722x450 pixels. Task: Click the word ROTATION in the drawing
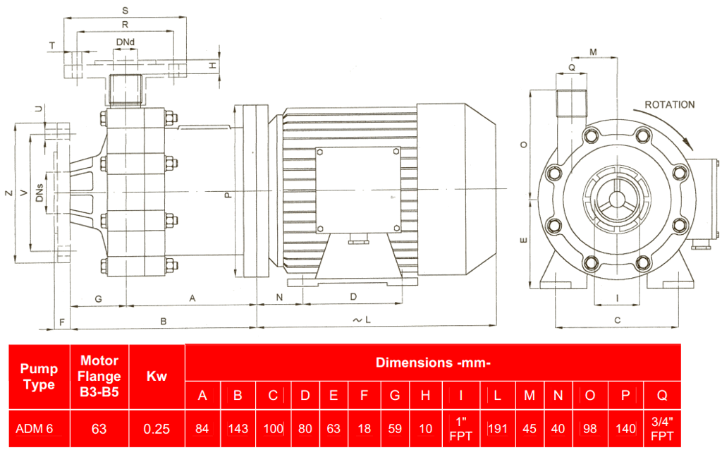coord(669,104)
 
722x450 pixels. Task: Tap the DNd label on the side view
coord(126,43)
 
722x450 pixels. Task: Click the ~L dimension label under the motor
coord(361,320)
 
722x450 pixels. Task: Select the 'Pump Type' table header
coord(39,377)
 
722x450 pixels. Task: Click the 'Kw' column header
coord(156,377)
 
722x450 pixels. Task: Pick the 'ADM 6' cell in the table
coord(34,428)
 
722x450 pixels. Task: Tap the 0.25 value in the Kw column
coord(156,428)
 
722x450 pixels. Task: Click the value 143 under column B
coord(238,428)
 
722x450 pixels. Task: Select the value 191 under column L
coord(498,428)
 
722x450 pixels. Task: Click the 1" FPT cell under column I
coord(460,428)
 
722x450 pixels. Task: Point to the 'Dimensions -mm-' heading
coord(432,363)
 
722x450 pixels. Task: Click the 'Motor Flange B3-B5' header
coord(99,377)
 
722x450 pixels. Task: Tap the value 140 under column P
coord(625,428)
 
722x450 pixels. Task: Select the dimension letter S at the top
coord(125,11)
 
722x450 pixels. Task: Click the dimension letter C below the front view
coord(617,320)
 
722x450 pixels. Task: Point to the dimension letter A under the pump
coord(191,298)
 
